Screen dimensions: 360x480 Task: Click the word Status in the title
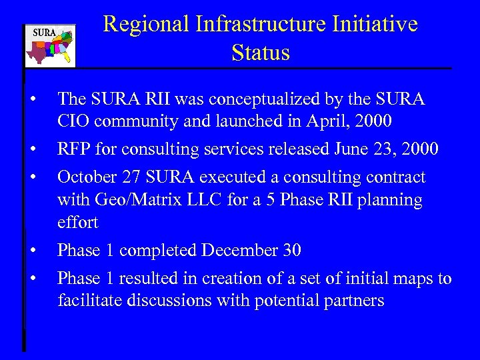(x=261, y=53)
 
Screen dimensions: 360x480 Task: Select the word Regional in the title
(x=147, y=24)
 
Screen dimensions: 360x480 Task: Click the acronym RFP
(x=75, y=149)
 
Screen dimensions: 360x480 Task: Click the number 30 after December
(x=291, y=251)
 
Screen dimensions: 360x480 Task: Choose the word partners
(x=351, y=301)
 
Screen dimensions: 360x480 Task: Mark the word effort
(x=77, y=223)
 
